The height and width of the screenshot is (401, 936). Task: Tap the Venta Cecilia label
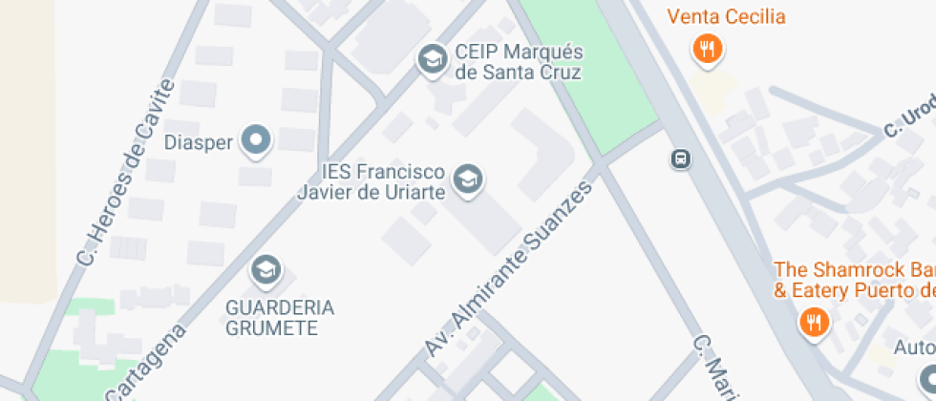tap(726, 16)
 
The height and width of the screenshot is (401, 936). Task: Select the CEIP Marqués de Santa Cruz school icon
tap(433, 59)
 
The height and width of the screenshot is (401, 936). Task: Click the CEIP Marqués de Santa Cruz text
tap(519, 61)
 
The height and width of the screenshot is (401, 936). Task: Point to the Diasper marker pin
tap(256, 142)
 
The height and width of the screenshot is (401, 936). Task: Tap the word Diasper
tap(199, 143)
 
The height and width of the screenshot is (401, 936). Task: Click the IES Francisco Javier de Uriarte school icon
tap(467, 179)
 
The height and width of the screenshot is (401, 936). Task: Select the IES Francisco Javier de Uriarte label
tap(384, 181)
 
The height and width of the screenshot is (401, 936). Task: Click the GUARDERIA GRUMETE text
tap(280, 317)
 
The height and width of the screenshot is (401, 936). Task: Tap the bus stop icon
tap(681, 158)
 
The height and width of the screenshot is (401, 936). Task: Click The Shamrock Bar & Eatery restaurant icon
tap(814, 322)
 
